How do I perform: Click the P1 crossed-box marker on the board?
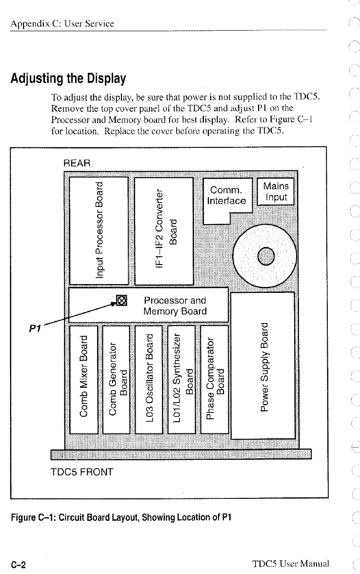pos(122,301)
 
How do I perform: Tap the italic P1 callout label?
pos(35,328)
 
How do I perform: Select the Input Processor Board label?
pos(99,230)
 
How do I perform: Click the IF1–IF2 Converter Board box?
pos(163,231)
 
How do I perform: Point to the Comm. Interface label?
pos(226,195)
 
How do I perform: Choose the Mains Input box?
pos(276,191)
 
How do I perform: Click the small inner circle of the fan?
pos(266,256)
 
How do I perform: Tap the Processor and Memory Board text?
pos(175,306)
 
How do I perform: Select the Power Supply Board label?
pos(264,367)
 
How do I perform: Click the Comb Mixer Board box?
pos(84,379)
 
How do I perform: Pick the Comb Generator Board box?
pos(116,379)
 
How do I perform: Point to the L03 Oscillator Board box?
pos(149,379)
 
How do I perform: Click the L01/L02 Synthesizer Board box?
pos(181,379)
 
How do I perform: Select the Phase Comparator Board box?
pos(215,379)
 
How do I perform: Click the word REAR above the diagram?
pos(77,163)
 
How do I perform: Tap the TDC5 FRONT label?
pos(82,472)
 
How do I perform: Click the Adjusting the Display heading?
pos(68,78)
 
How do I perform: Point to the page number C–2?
pos(19,564)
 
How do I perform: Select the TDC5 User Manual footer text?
pos(291,563)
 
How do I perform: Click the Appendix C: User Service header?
pos(62,24)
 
